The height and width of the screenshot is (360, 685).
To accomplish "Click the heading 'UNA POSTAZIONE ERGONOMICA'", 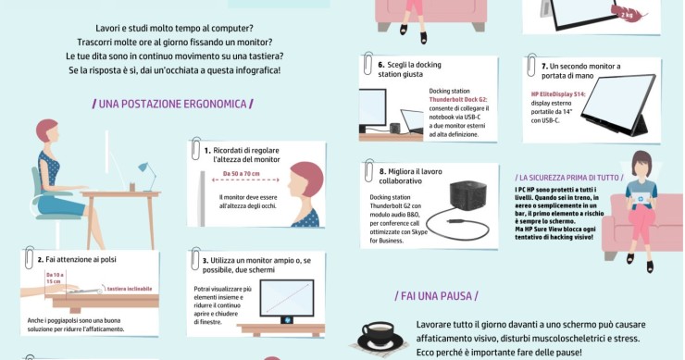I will (x=173, y=103).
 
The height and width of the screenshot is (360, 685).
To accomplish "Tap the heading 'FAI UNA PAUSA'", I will (x=438, y=296).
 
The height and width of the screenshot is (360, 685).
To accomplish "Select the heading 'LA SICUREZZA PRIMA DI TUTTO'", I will (x=569, y=177).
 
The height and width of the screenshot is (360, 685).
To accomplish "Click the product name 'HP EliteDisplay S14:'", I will (x=559, y=94).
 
